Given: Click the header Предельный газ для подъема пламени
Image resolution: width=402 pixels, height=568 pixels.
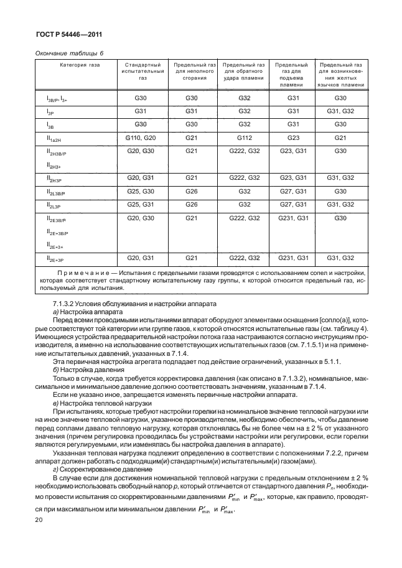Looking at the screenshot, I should coord(292,75).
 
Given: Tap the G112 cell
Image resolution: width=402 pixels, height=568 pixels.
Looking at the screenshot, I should coord(244,137).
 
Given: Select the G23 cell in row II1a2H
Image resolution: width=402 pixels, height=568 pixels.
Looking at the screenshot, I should coord(292,137).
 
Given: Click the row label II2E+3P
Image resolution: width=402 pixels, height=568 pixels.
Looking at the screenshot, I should coord(56,258).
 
